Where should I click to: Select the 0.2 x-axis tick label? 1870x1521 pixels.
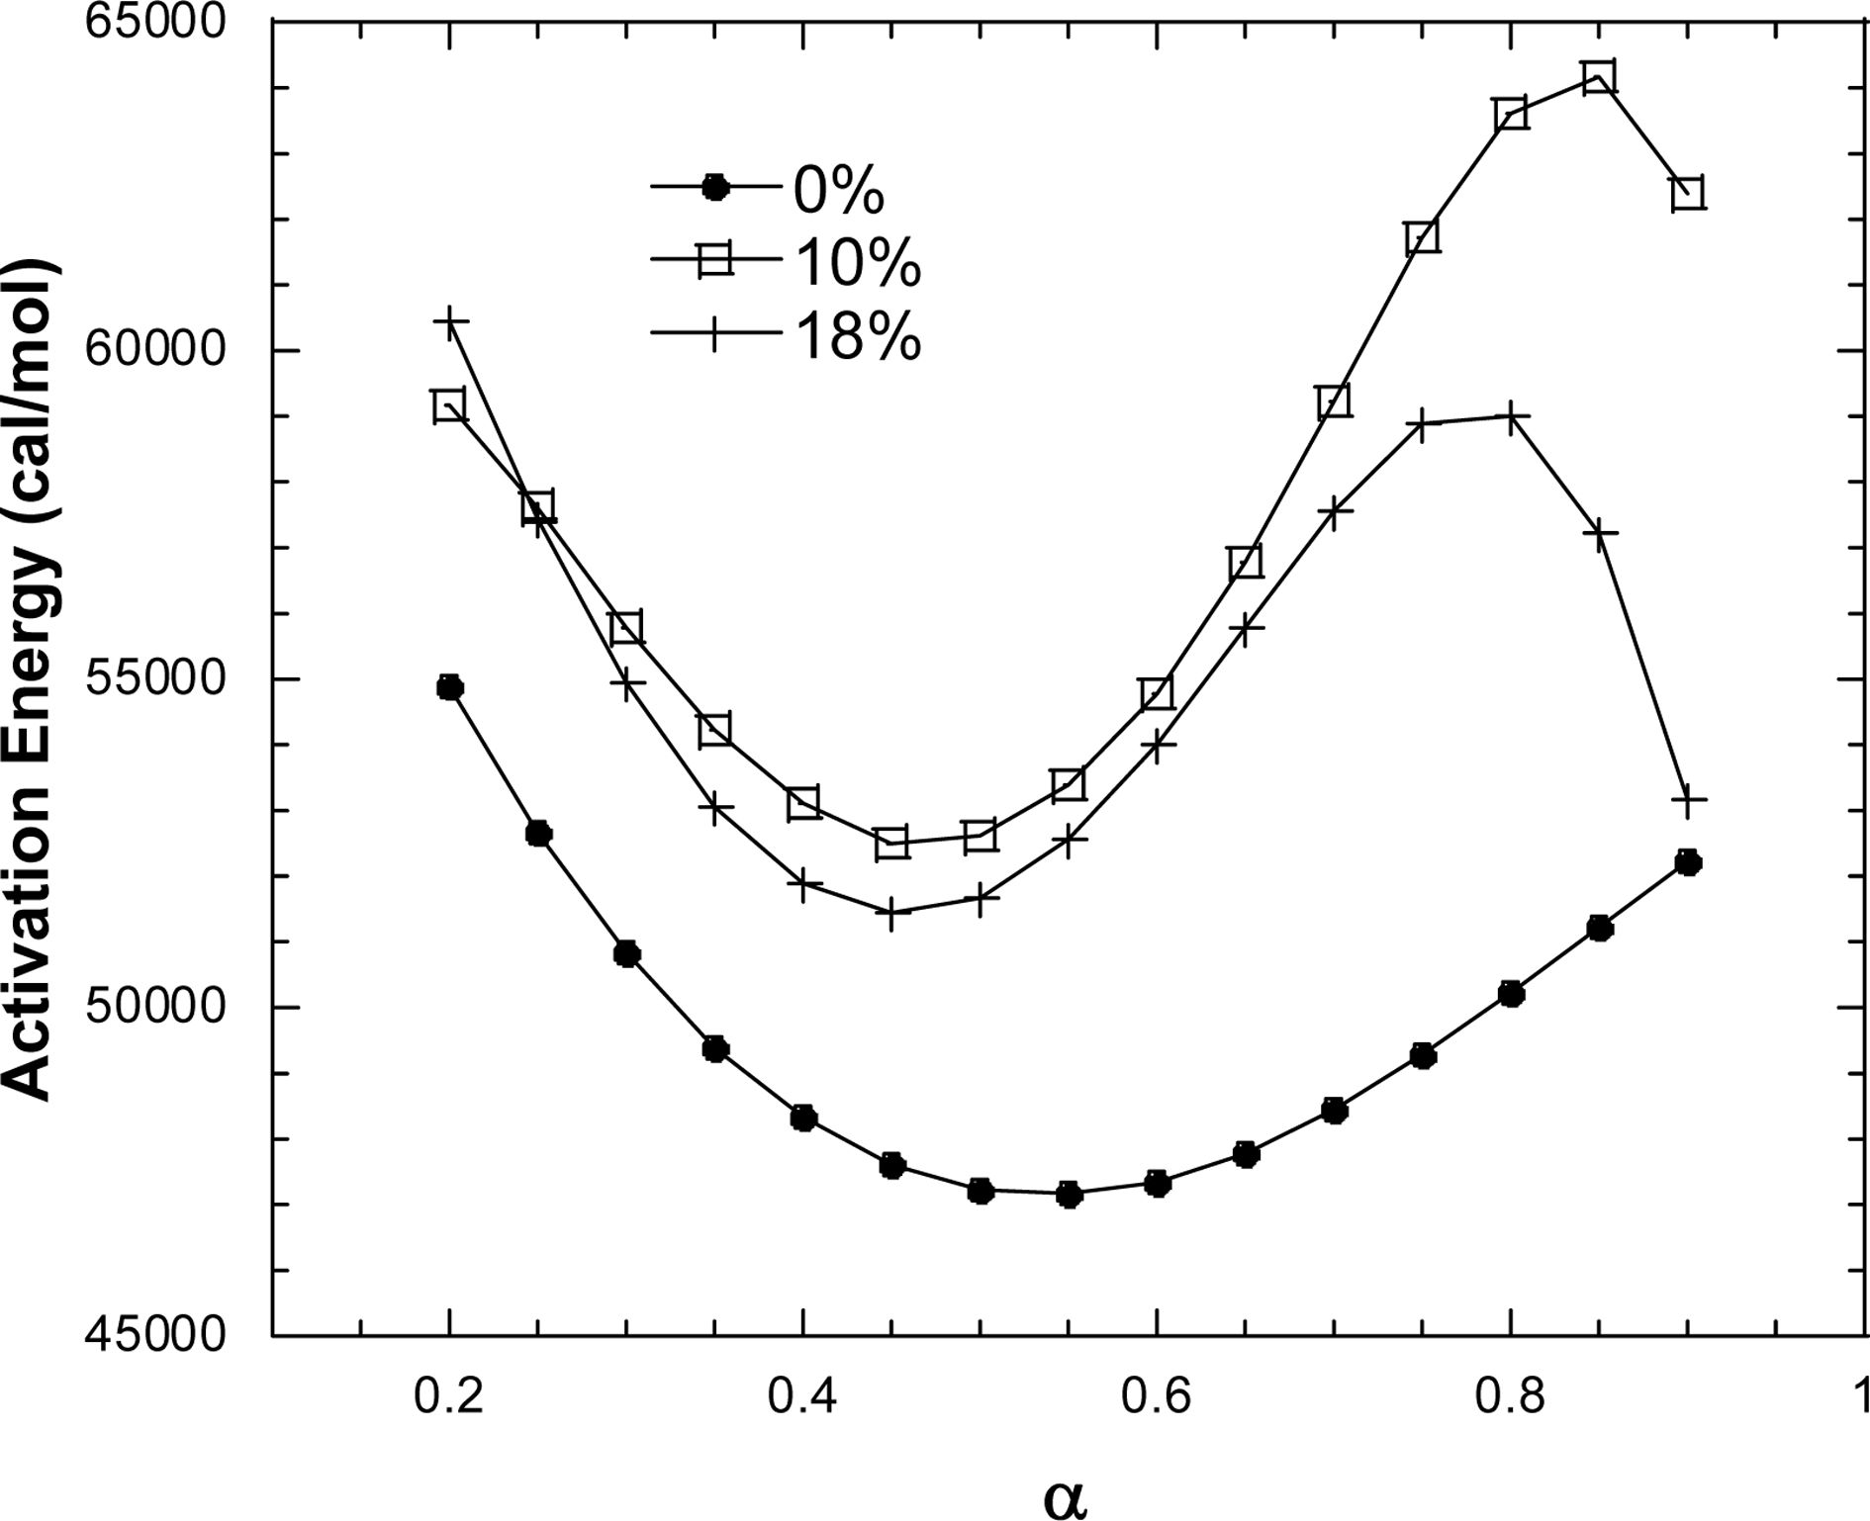(449, 1396)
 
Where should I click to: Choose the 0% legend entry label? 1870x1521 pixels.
(838, 190)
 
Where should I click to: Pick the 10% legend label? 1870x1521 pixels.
(857, 263)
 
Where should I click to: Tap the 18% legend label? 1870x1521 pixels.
(857, 336)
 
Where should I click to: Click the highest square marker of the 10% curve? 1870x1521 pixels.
(1599, 77)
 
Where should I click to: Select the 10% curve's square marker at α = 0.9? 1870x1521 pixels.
(1688, 192)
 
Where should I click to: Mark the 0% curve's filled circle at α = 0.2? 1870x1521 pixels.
(449, 687)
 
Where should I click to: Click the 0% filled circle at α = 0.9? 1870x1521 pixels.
(1688, 863)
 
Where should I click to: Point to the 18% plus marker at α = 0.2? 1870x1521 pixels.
(449, 322)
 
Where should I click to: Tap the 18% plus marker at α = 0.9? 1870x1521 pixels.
(1688, 800)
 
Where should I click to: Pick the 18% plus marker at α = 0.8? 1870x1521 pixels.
(1511, 417)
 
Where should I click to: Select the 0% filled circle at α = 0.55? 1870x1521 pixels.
(1069, 1195)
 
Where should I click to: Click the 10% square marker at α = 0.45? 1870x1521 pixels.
(891, 843)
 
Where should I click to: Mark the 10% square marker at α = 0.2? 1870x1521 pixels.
(449, 406)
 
